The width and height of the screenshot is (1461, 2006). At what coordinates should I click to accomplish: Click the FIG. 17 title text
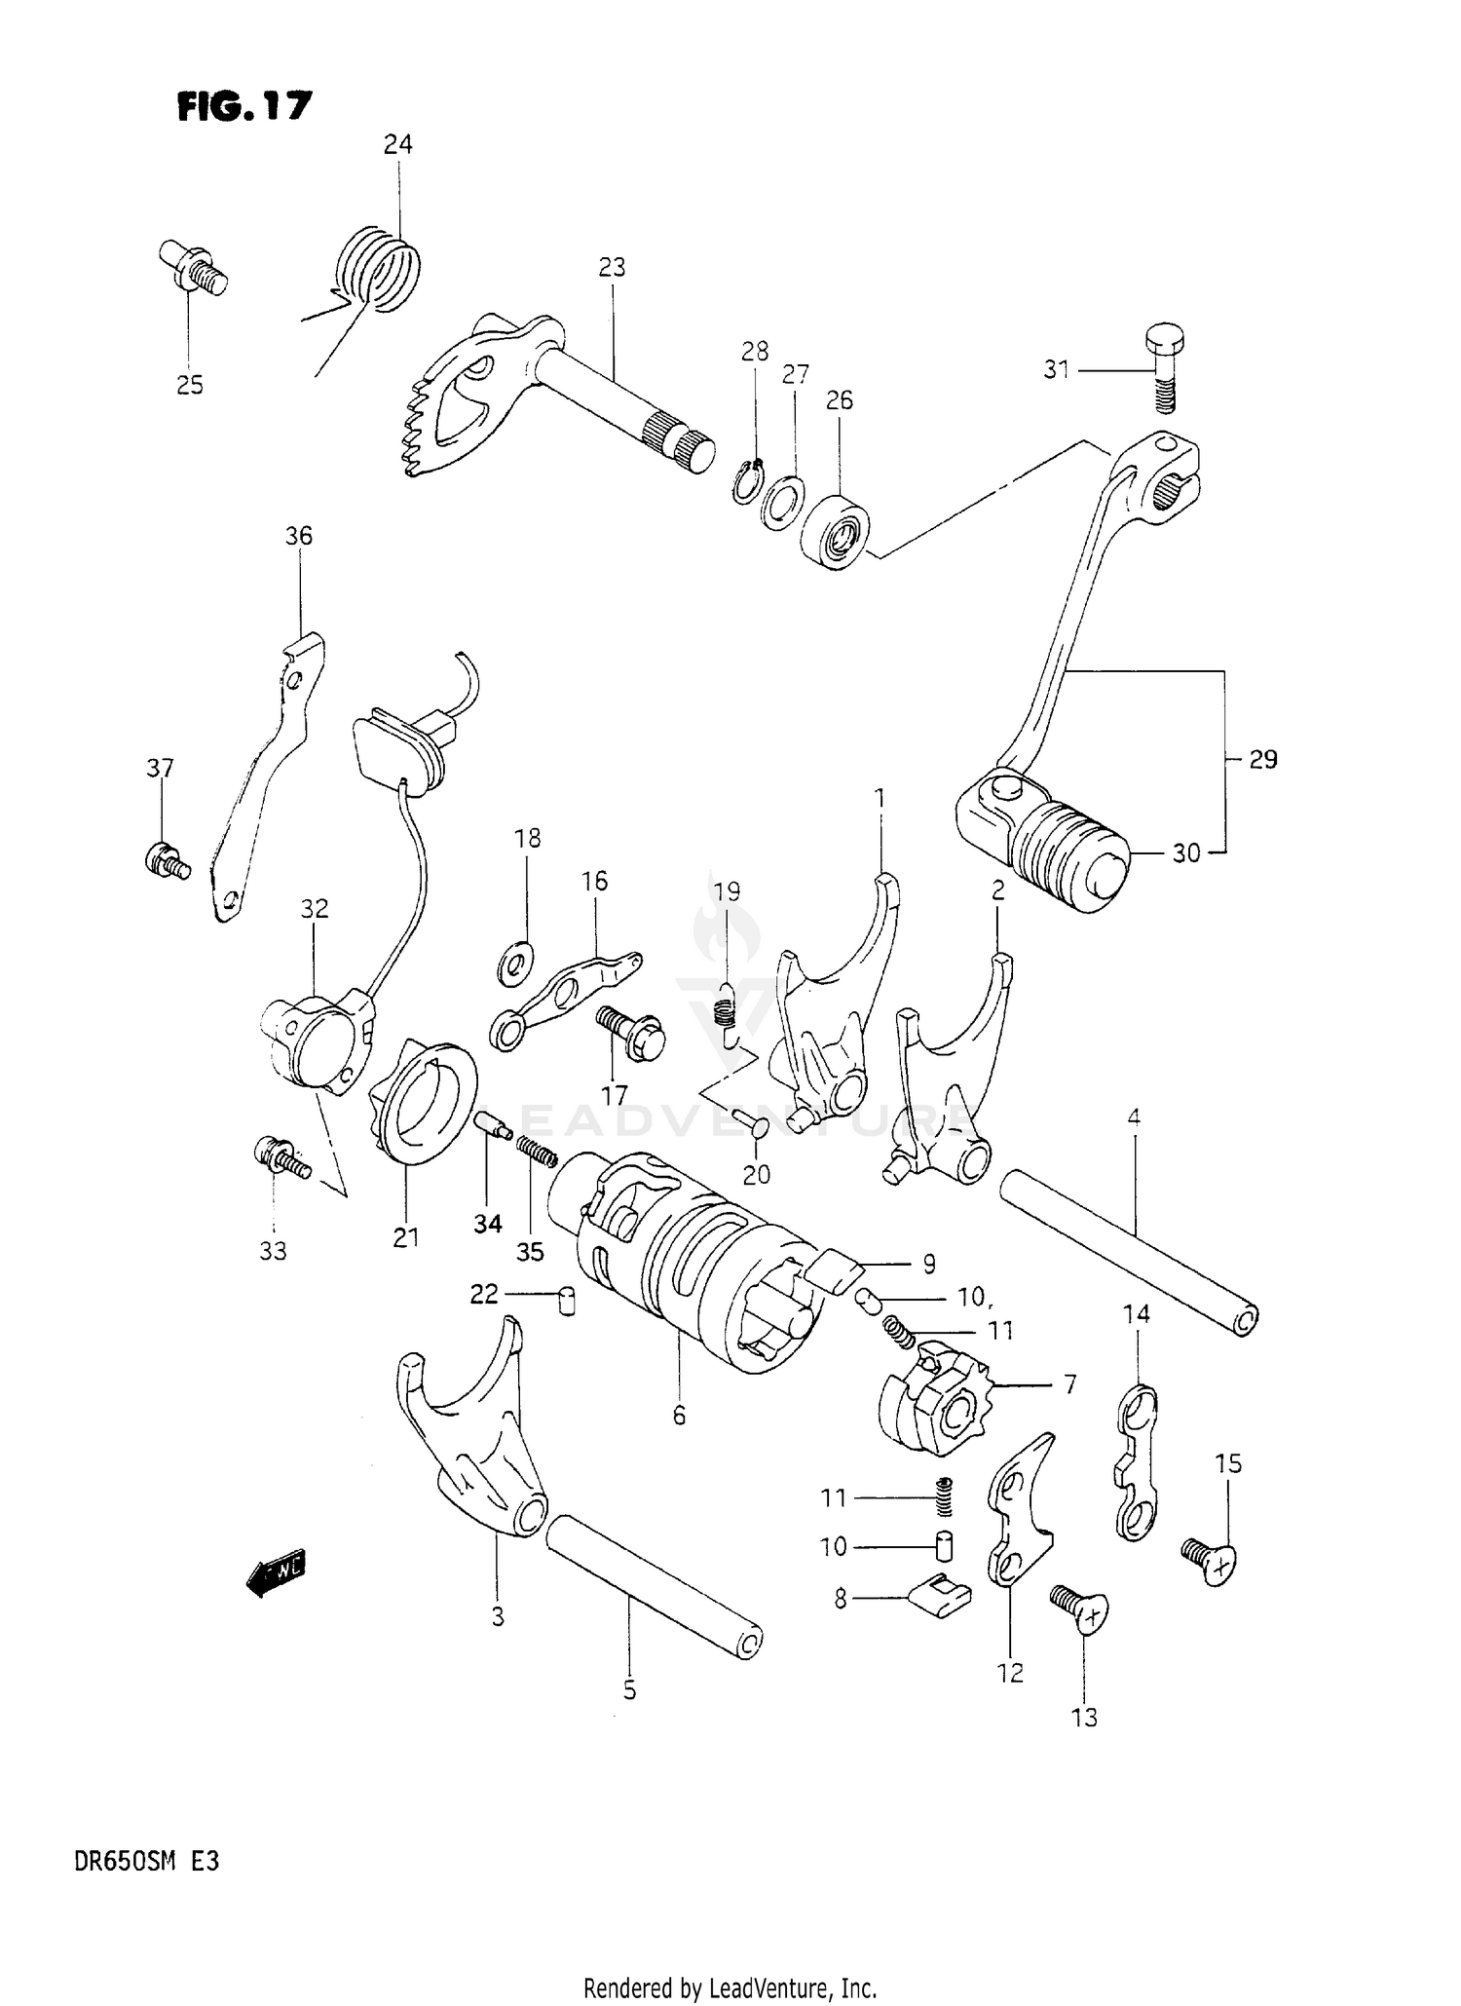pos(243,105)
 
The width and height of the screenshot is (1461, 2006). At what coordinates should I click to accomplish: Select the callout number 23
pos(612,267)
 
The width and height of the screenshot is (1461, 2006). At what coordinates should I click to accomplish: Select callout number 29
pos(1263,759)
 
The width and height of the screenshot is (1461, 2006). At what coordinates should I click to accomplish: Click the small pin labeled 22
pos(566,1301)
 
